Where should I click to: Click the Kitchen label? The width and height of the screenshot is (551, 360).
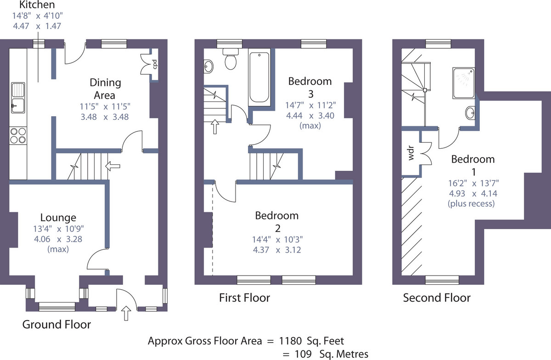[37, 5]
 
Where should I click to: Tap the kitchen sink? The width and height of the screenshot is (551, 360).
[18, 98]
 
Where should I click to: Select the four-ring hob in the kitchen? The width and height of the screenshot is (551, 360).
[18, 135]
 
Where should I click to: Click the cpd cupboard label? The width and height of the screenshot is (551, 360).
[155, 64]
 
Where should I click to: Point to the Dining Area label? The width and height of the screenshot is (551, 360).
[105, 89]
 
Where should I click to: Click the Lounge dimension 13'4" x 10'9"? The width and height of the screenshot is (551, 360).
[59, 229]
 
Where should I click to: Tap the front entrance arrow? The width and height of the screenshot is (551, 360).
[126, 313]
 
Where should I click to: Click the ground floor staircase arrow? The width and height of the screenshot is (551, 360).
[112, 166]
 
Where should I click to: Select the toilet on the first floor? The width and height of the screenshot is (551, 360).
[231, 59]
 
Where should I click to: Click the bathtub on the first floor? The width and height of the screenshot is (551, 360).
[259, 77]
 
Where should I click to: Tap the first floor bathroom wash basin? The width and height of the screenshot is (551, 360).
[208, 67]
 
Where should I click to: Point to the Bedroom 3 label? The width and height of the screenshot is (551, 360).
[310, 88]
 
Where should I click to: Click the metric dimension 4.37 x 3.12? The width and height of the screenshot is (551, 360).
[277, 250]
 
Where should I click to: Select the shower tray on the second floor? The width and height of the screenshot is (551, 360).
[464, 83]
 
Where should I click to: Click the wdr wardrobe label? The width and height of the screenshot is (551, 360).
[411, 153]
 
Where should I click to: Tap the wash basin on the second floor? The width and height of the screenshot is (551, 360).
[470, 113]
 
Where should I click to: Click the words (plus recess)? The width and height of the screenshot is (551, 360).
[471, 203]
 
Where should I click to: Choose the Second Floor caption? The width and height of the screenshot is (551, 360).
[437, 298]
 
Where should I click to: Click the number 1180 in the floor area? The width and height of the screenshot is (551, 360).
[290, 341]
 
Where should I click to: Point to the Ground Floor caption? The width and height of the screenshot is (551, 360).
[56, 324]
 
